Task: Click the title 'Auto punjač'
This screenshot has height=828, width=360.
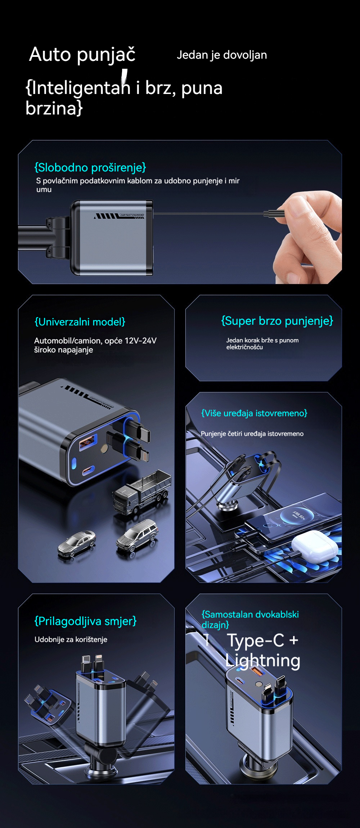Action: pos(82,55)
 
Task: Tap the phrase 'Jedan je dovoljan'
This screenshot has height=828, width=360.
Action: pos(222,55)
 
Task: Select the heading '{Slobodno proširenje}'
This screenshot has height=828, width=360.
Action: pos(90,167)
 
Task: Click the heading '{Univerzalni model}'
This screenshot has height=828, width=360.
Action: pos(80,322)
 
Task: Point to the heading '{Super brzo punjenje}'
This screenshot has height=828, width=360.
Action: pos(277,321)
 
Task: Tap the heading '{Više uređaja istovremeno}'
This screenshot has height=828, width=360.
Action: pos(254,413)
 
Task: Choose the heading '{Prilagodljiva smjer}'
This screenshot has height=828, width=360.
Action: pos(85,621)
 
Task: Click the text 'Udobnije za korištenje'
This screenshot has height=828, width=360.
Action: pos(71,639)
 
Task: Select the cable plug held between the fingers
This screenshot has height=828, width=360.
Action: pos(274,213)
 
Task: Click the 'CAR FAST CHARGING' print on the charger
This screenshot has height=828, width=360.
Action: pos(132,215)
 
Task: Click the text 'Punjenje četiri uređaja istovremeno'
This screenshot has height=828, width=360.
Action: pos(252,434)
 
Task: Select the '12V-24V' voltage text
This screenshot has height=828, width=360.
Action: pos(140,341)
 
